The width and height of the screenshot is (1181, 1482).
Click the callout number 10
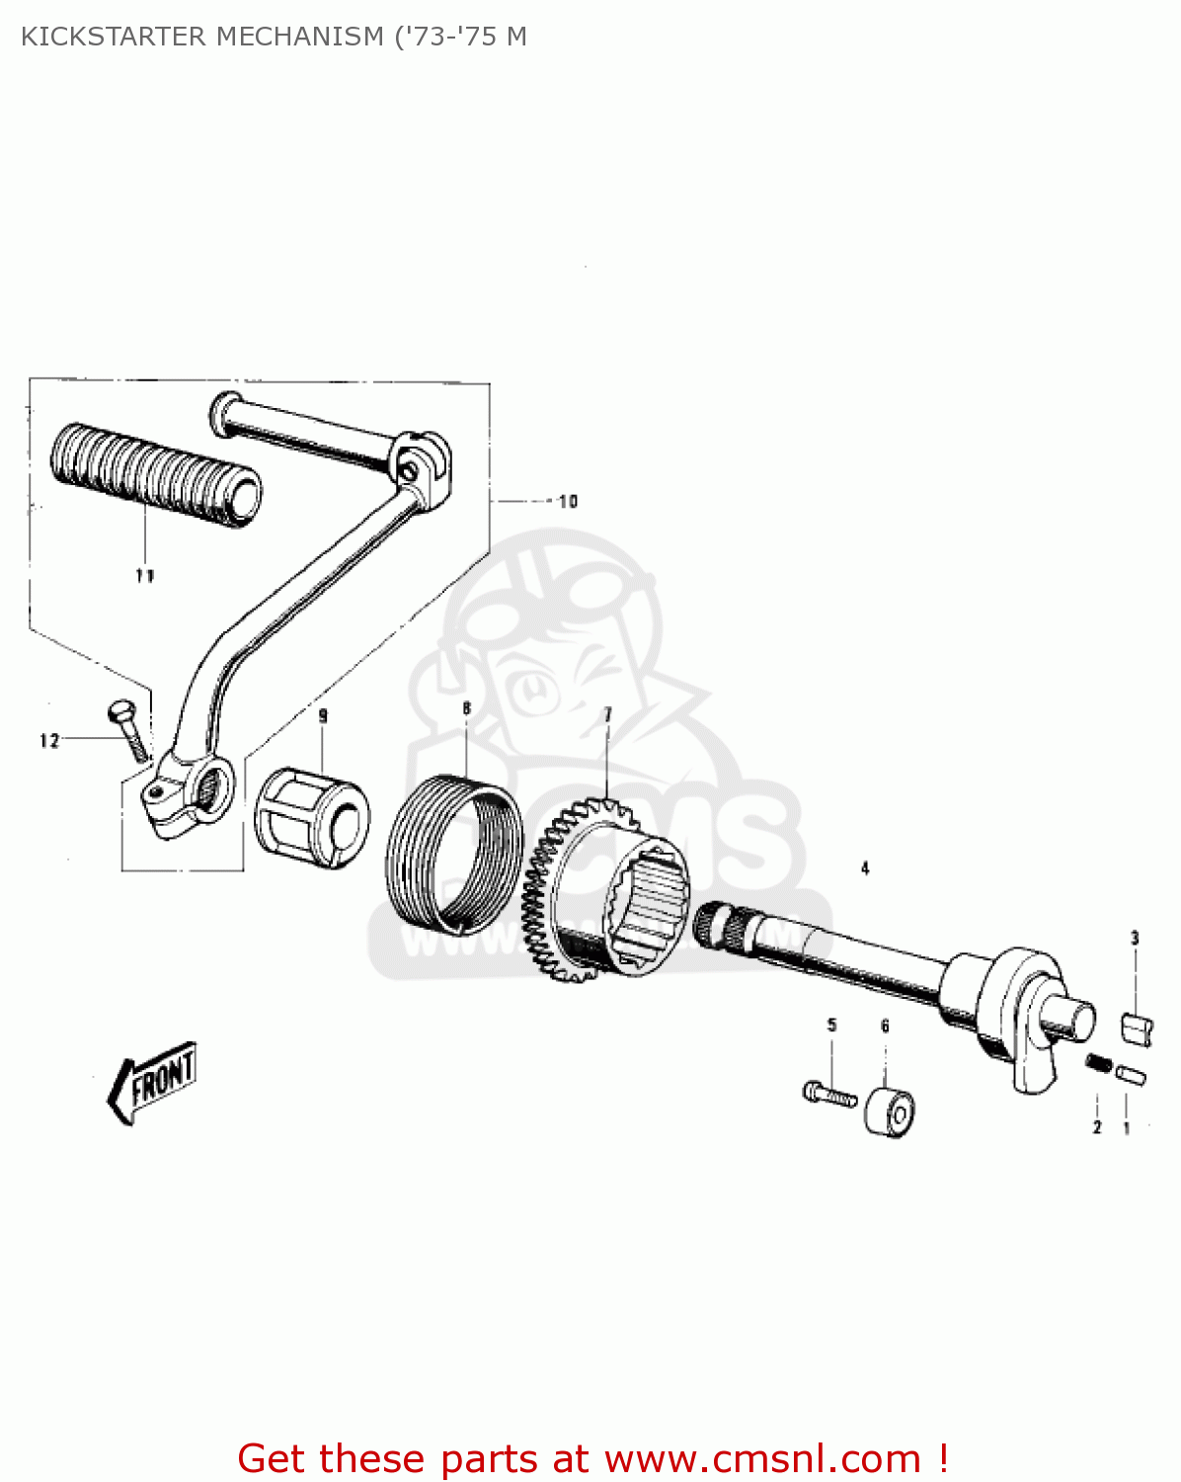tap(568, 502)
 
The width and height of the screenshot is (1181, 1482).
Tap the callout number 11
tap(145, 576)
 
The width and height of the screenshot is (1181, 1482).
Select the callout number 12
tap(49, 741)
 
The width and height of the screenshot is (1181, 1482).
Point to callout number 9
tap(323, 715)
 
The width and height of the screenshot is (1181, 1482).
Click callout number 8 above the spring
tap(467, 708)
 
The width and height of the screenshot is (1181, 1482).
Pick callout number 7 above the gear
tap(608, 714)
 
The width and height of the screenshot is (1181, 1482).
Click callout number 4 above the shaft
tap(865, 868)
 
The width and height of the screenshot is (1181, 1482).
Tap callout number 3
tap(1135, 938)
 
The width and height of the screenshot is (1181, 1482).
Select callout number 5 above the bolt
tap(831, 1026)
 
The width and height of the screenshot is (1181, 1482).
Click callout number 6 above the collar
tap(885, 1027)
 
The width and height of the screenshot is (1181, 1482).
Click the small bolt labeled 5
tap(828, 1094)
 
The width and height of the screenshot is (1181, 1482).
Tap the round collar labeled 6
tap(890, 1112)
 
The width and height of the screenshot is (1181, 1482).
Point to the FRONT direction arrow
tap(153, 1082)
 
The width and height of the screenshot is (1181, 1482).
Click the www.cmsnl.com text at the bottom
tap(762, 1459)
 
